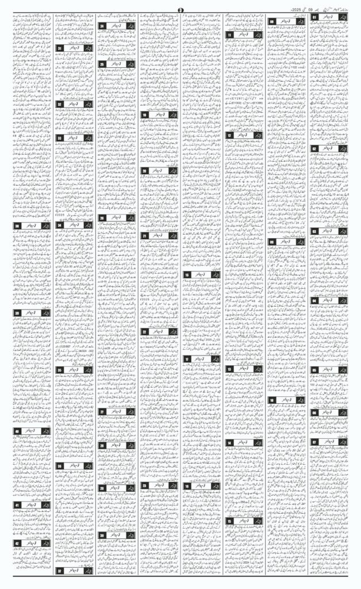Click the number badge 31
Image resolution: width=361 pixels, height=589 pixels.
click(x=60, y=48)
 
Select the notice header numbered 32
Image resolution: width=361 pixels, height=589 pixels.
click(x=60, y=104)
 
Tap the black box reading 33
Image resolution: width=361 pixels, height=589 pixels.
click(x=60, y=138)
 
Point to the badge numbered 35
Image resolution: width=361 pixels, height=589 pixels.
click(x=60, y=370)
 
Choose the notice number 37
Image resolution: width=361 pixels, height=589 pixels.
click(x=60, y=571)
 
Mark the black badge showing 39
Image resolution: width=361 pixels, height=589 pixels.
click(x=18, y=312)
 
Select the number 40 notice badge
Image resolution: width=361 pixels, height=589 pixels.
click(x=18, y=430)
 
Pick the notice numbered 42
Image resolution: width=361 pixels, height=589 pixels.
click(x=18, y=543)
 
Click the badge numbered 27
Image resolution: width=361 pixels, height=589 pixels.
click(x=102, y=412)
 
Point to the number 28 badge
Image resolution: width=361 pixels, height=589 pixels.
click(x=102, y=445)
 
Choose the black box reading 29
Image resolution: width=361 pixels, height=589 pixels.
click(x=102, y=488)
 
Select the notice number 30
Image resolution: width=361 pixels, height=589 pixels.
click(x=102, y=535)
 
